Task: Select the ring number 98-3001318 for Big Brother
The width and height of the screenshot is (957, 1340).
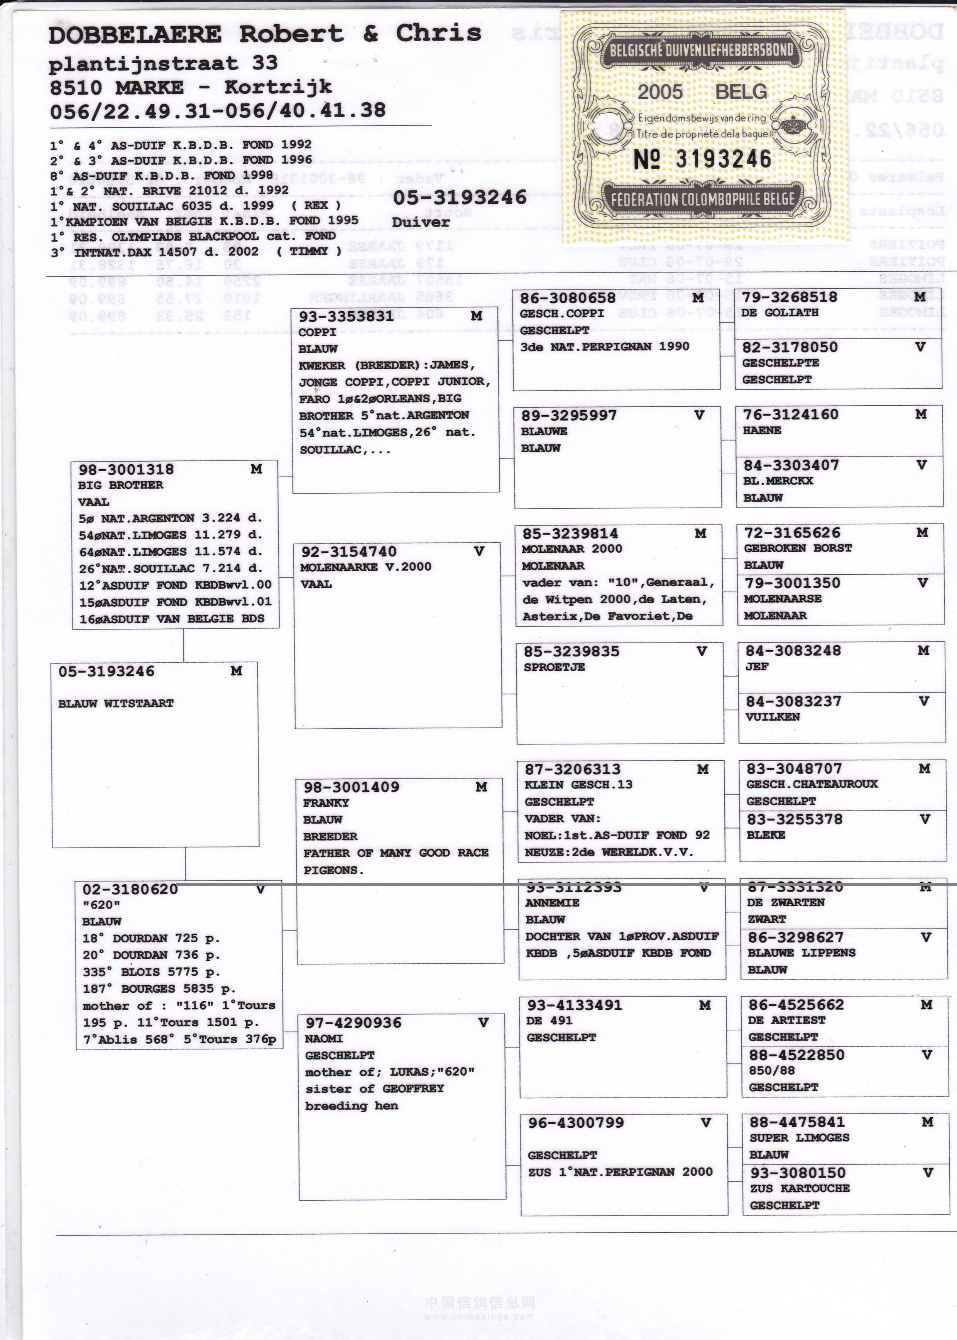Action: [x=126, y=470]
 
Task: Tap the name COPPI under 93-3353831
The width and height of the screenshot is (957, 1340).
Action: [x=317, y=332]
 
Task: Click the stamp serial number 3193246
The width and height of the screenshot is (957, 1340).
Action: [x=723, y=159]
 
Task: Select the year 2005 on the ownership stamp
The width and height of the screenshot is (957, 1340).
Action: [x=660, y=92]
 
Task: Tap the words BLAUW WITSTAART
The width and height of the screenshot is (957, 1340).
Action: [x=115, y=703]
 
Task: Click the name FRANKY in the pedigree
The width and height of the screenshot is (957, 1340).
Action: [x=326, y=803]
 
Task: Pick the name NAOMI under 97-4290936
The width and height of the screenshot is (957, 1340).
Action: [x=323, y=1038]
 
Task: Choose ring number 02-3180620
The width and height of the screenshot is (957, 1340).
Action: [x=130, y=889]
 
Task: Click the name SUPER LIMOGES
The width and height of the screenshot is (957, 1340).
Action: [x=799, y=1137]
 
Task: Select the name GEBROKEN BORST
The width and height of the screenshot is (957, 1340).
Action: [x=798, y=548]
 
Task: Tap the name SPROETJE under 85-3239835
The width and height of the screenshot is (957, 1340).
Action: [x=554, y=667]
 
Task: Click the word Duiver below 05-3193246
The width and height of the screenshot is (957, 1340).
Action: [x=420, y=222]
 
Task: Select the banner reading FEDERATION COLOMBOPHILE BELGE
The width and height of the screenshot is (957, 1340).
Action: [x=702, y=199]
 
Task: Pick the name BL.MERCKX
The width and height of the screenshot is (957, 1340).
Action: [x=778, y=481]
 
